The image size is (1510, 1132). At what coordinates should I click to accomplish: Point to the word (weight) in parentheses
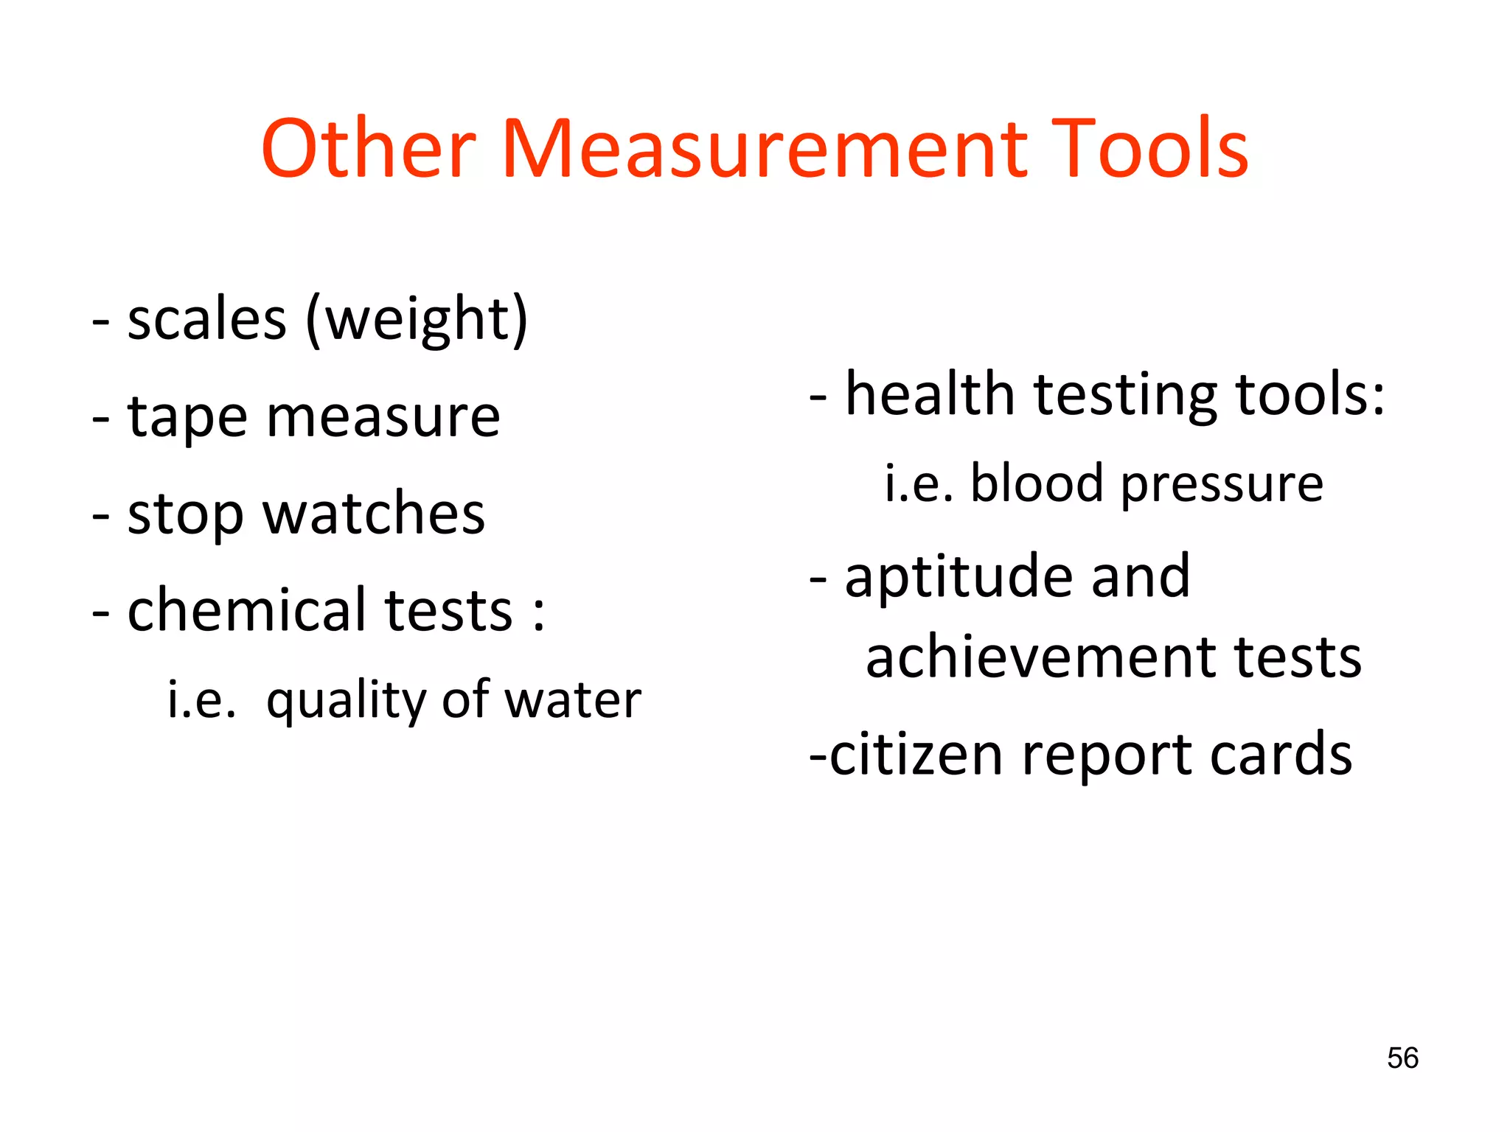pos(417,321)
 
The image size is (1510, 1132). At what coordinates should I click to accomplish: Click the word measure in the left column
pos(383,418)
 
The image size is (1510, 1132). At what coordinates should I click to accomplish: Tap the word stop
pos(185,514)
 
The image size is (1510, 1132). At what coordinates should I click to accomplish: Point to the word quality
pos(347,700)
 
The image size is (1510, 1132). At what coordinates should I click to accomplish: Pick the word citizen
pos(916,755)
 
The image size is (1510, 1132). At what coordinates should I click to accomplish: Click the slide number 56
pos(1402,1058)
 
